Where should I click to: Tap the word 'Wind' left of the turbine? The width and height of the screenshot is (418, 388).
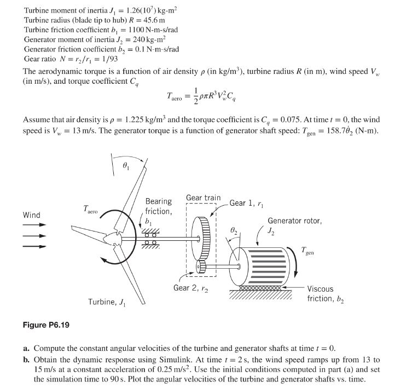[x=31, y=215]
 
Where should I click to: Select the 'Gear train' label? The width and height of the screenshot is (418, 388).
[x=203, y=198]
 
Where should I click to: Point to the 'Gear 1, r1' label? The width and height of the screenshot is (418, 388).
[x=247, y=203]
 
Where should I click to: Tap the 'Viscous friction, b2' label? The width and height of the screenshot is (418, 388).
[x=326, y=293]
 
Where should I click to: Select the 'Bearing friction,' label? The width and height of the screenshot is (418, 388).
[x=158, y=206]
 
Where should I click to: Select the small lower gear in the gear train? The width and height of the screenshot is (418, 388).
[x=202, y=267]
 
